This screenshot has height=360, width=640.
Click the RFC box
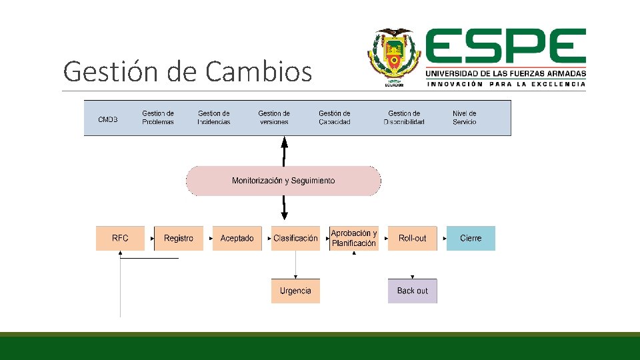[120, 238]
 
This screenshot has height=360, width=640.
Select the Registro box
[178, 238]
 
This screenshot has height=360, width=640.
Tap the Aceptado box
[237, 238]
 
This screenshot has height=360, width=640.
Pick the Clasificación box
[295, 238]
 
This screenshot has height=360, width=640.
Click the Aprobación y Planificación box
[354, 238]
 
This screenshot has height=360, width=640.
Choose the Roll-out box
[412, 238]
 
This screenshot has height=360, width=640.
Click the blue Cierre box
[471, 238]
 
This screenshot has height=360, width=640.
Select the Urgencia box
[295, 291]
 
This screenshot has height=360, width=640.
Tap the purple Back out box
[412, 291]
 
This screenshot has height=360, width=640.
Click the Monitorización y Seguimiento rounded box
[283, 181]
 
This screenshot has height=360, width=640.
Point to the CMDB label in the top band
[107, 119]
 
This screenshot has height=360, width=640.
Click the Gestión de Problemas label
[158, 117]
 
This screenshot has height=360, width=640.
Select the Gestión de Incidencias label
[214, 117]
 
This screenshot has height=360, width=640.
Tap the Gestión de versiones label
[274, 117]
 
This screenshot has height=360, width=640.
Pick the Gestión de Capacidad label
[335, 117]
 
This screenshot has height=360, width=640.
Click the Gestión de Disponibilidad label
[404, 117]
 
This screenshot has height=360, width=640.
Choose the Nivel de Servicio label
[465, 117]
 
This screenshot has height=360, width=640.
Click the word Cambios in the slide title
[259, 71]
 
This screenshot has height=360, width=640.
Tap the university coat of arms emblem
[394, 57]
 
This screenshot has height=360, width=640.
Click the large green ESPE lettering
[506, 47]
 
